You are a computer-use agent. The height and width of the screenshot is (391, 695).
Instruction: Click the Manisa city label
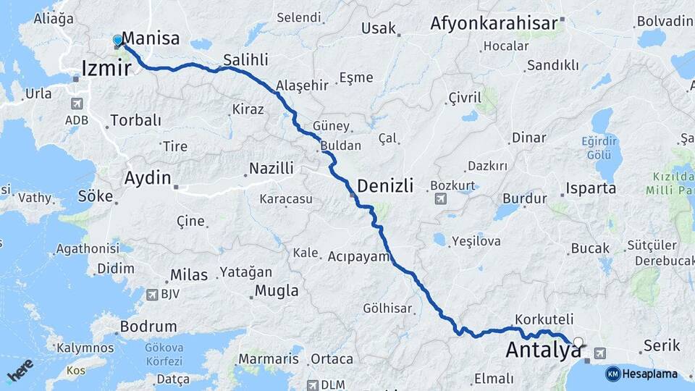tap(151, 38)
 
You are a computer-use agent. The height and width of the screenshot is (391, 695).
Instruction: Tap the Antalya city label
tap(543, 350)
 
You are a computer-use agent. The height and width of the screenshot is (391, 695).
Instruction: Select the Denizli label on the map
tap(385, 186)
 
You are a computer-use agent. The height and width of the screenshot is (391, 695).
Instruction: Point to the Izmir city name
tap(106, 69)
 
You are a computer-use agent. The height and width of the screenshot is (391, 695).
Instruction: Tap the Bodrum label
tap(148, 327)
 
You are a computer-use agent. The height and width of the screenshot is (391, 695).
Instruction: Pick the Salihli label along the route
tap(245, 59)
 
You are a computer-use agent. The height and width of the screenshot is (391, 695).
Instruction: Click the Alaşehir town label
tap(302, 85)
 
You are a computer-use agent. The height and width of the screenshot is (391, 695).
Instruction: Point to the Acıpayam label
tap(359, 256)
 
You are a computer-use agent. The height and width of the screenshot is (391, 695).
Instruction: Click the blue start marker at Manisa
tap(118, 41)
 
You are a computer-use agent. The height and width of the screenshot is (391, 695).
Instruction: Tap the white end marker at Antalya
tap(578, 342)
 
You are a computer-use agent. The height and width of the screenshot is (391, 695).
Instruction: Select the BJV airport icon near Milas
tap(152, 295)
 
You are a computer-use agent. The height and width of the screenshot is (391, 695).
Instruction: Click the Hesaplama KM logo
tap(641, 374)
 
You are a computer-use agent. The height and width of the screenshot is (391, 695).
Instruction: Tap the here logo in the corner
tap(20, 371)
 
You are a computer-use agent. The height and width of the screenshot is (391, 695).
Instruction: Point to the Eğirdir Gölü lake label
tap(601, 148)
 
